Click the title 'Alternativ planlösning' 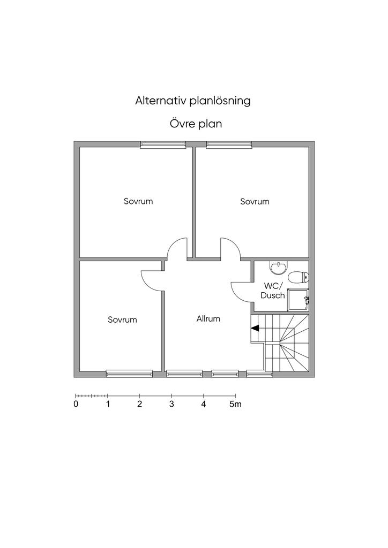pos(193,101)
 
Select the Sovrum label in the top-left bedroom pos(138,202)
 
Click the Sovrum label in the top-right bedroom pos(255,202)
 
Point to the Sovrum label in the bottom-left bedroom pos(122,320)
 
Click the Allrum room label pos(208,319)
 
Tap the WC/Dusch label pos(273,291)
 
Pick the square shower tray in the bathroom pos(299,300)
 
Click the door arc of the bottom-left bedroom pos(152,280)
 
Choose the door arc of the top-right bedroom pos(231,249)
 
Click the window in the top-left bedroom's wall pos(163,144)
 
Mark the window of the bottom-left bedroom pos(129,373)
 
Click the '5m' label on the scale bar pos(236,405)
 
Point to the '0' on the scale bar pos(76,405)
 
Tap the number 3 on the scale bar pos(171,405)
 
